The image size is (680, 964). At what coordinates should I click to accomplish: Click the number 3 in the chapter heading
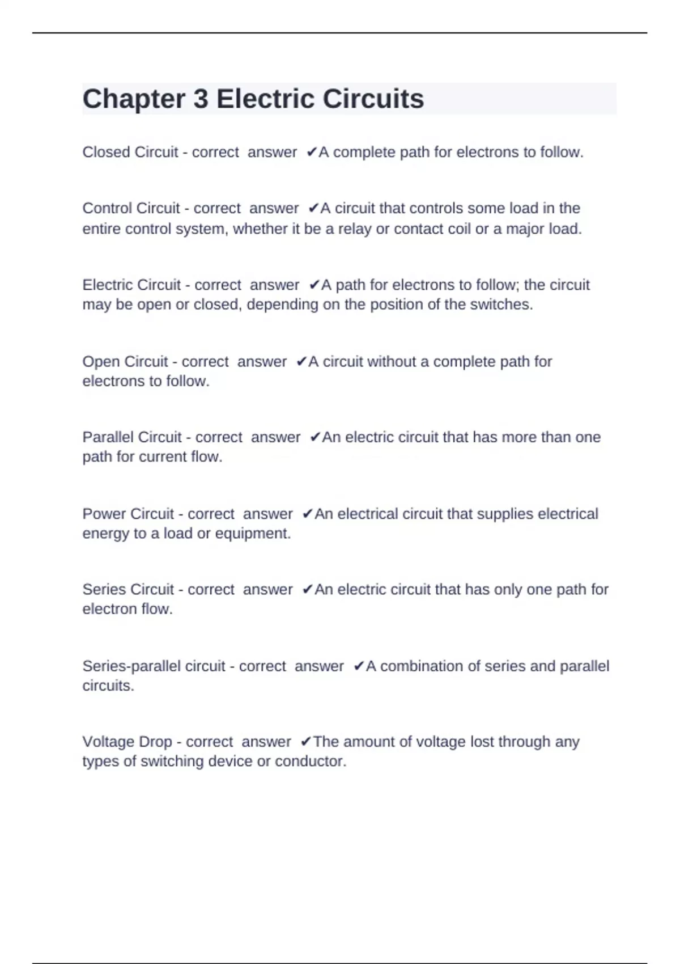coord(201,99)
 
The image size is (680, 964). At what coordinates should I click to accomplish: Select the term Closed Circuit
coord(130,152)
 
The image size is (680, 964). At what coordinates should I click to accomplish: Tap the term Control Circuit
coord(131,208)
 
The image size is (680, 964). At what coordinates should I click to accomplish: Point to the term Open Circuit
coord(125,361)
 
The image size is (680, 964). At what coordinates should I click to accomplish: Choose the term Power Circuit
coord(128,514)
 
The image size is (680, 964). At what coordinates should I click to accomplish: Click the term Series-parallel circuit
coord(154,666)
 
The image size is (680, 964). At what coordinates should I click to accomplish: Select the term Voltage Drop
coord(127,742)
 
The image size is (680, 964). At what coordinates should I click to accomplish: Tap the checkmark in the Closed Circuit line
coord(311,152)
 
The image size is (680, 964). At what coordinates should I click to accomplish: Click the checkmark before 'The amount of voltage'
coord(305,742)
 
